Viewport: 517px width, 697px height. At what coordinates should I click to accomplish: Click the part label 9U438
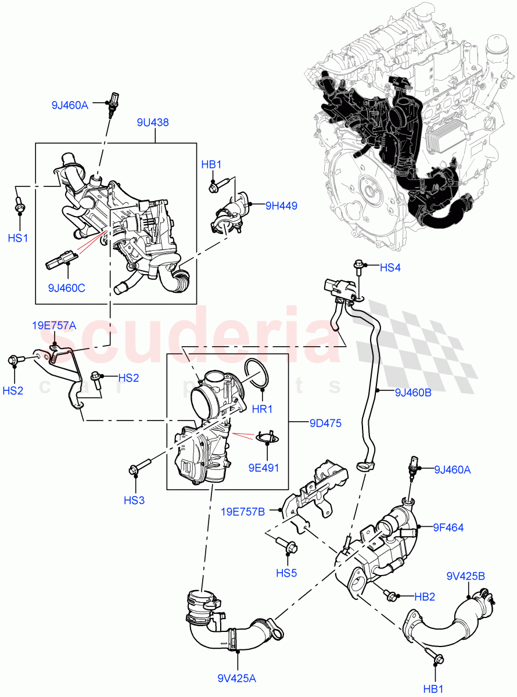tap(153, 123)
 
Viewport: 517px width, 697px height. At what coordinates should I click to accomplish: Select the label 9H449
tap(281, 205)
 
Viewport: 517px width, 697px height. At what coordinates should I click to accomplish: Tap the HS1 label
tap(17, 238)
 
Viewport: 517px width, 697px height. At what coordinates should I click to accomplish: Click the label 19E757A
tap(53, 326)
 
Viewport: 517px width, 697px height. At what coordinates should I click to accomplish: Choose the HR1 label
tap(262, 409)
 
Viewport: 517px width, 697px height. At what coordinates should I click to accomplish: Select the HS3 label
tap(134, 500)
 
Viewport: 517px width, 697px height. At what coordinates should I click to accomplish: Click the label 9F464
tap(447, 527)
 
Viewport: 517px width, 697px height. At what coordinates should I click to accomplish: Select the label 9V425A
tap(238, 677)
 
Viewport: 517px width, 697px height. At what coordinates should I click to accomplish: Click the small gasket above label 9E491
tap(267, 434)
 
